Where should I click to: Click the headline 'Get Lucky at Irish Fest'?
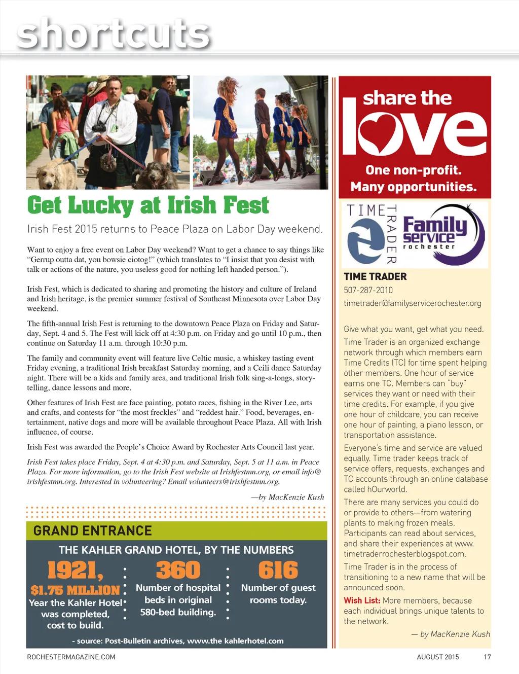point(147,205)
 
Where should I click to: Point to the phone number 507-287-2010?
point(368,290)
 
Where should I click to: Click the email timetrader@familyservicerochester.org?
point(412,303)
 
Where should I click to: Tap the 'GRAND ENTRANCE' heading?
point(92,531)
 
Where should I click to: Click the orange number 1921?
point(75,571)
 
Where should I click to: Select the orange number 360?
point(178,571)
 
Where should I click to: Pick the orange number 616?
point(278,571)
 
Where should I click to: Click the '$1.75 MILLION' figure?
point(75,590)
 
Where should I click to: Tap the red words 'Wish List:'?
point(362,600)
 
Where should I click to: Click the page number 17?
point(487,657)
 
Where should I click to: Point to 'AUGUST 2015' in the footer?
point(437,657)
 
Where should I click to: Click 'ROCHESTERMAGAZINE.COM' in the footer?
point(71,657)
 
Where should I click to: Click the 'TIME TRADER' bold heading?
point(375,276)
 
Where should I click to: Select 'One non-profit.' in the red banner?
point(413,170)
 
